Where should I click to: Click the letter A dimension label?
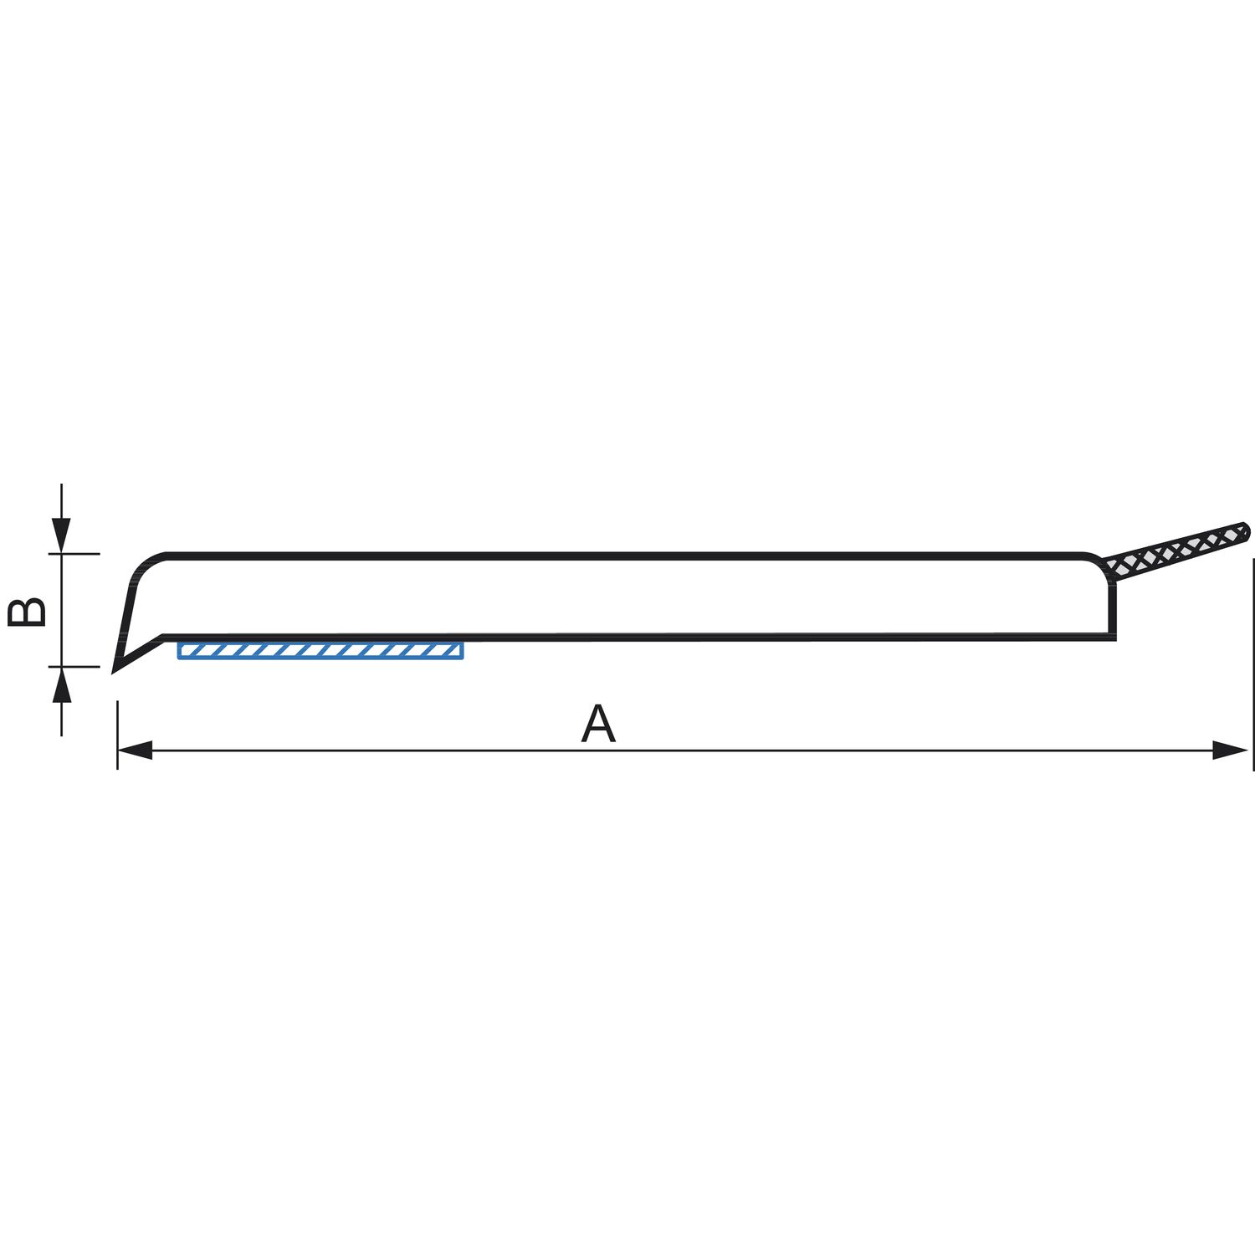click(598, 725)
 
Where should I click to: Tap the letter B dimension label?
click(27, 612)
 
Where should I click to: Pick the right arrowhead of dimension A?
click(1230, 750)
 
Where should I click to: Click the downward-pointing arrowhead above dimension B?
click(61, 535)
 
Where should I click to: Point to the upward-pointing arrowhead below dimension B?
click(61, 685)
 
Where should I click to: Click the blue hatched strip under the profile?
click(320, 651)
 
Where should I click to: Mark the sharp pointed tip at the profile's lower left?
click(114, 671)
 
